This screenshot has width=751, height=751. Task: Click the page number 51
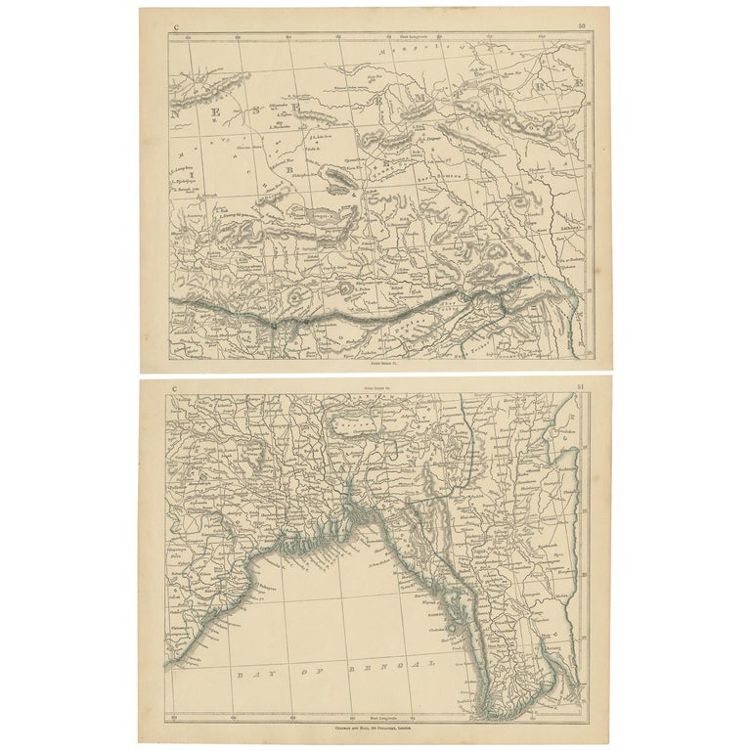[x=582, y=389]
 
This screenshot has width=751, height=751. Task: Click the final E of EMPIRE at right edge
[x=578, y=83]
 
